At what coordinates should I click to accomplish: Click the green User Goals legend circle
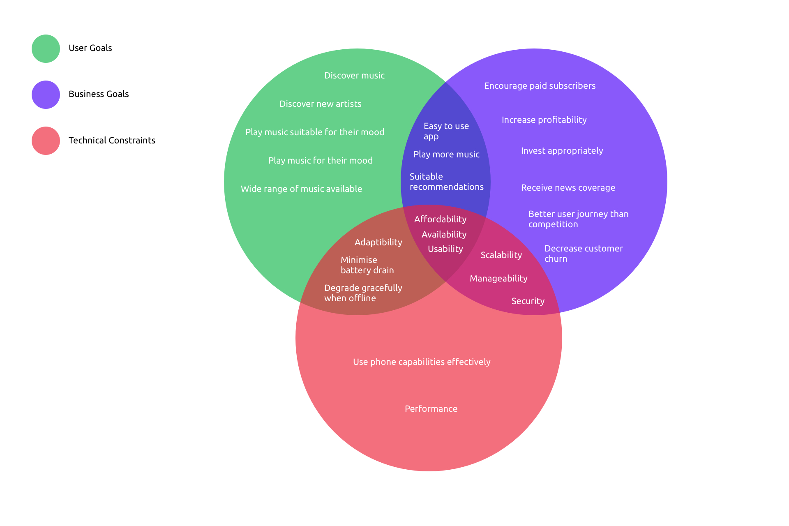(46, 48)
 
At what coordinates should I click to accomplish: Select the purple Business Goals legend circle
(46, 95)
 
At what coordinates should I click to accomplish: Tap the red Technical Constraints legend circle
(46, 141)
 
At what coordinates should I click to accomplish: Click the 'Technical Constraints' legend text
(112, 141)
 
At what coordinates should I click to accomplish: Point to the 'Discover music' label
(354, 76)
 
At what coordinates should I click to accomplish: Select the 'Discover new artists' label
(321, 104)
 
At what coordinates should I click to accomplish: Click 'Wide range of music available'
(301, 189)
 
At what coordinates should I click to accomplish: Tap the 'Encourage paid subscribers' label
(540, 86)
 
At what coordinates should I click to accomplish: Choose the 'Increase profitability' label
(544, 120)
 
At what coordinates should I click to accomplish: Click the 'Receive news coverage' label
(568, 188)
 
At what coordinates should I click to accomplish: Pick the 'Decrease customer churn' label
(583, 254)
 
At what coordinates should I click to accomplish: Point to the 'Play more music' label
(446, 155)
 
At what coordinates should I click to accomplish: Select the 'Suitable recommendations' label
(446, 182)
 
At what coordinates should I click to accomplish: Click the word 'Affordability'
(440, 219)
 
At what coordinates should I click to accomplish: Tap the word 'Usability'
(445, 249)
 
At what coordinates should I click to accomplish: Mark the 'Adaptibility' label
(378, 242)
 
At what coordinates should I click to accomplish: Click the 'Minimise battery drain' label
(367, 265)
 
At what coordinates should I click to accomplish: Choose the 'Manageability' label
(498, 279)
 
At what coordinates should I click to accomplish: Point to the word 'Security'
(528, 301)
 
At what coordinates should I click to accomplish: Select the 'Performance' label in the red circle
(431, 409)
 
